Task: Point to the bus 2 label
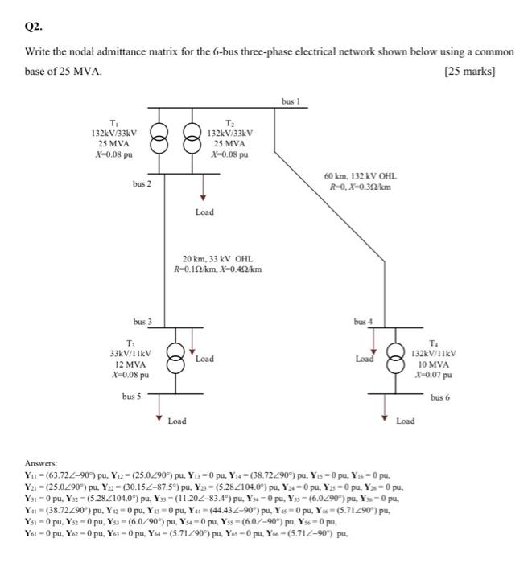coord(142,184)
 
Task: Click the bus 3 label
coord(142,321)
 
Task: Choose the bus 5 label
coord(132,396)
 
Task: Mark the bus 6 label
coord(440,397)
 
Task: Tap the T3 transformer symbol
coord(174,355)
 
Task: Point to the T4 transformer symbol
coord(397,355)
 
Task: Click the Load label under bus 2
coord(205,212)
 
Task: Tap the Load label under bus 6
coord(406,420)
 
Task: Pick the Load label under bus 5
coord(177,420)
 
